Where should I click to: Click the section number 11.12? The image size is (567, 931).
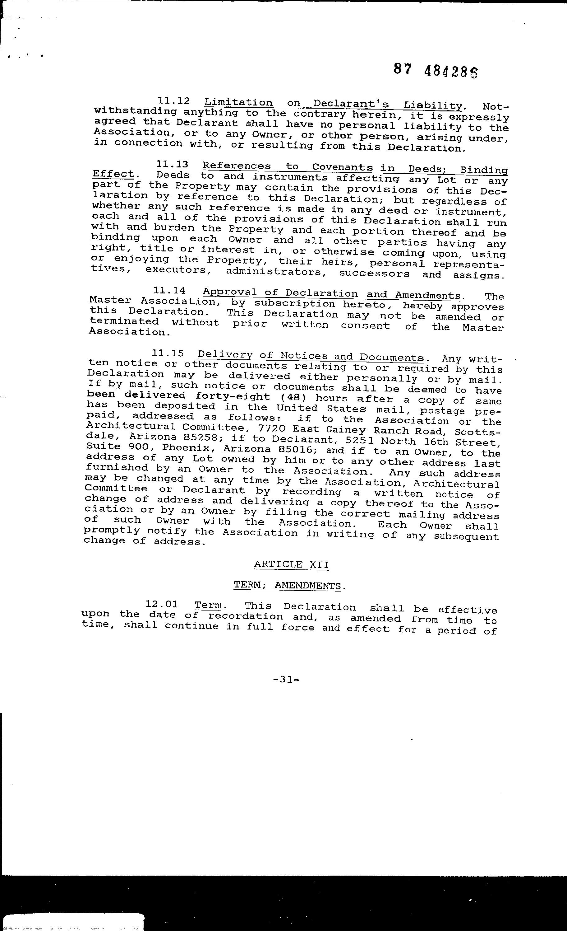[x=173, y=101]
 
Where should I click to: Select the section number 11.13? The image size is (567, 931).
[x=172, y=164]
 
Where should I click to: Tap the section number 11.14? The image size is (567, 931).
[x=169, y=291]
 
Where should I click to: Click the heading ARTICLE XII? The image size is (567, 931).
[x=291, y=564]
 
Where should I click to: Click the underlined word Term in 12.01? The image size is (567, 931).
[x=208, y=605]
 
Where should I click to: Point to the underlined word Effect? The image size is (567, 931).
[x=113, y=174]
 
